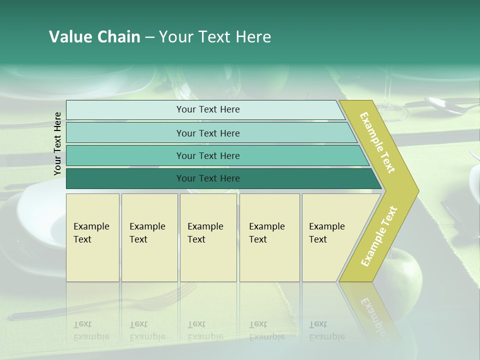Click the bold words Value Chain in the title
[x=94, y=37]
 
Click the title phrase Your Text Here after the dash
[x=215, y=37]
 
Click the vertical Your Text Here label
[x=57, y=143]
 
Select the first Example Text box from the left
[x=92, y=237]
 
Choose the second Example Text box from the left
[x=149, y=237]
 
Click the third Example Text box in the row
[x=207, y=237]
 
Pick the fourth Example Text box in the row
[x=269, y=237]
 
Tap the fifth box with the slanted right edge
[x=330, y=237]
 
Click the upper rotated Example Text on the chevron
[x=377, y=143]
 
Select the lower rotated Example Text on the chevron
[x=379, y=236]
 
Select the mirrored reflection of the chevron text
[x=372, y=315]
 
